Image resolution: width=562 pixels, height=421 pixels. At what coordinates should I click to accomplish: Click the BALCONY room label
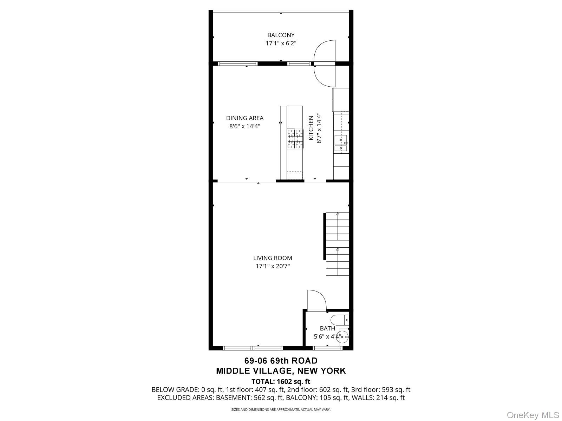pyautogui.click(x=281, y=35)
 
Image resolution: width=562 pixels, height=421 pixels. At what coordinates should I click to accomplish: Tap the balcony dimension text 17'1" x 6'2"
pyautogui.click(x=281, y=44)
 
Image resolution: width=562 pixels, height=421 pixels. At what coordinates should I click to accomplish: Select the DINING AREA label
pyautogui.click(x=244, y=118)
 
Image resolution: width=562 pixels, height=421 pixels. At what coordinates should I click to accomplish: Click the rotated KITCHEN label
pyautogui.click(x=311, y=128)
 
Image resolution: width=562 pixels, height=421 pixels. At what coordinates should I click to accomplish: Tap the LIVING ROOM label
pyautogui.click(x=273, y=258)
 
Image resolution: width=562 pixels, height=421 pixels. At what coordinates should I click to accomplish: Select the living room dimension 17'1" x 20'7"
pyautogui.click(x=273, y=266)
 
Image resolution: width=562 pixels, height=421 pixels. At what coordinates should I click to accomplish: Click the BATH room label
pyautogui.click(x=327, y=328)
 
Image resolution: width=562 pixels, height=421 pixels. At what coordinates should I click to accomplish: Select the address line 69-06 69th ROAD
pyautogui.click(x=281, y=361)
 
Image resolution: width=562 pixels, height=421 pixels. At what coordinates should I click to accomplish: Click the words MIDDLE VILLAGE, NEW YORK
pyautogui.click(x=281, y=370)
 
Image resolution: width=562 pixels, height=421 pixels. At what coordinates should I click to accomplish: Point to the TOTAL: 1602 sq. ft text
pyautogui.click(x=281, y=381)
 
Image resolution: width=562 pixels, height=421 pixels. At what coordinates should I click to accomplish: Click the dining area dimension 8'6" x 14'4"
pyautogui.click(x=244, y=126)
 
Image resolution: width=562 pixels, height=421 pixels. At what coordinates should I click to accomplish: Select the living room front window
pyautogui.click(x=253, y=348)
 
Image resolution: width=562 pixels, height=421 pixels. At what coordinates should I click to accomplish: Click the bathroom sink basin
pyautogui.click(x=342, y=336)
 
